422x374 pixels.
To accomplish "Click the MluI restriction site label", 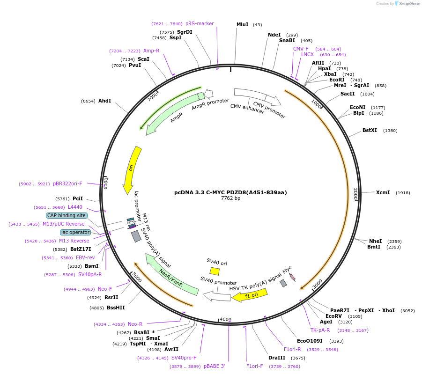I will [x=242, y=24].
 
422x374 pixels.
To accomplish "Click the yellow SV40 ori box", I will [x=215, y=271].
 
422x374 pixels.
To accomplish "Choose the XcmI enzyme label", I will [x=383, y=192].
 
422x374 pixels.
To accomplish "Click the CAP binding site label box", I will [x=67, y=215].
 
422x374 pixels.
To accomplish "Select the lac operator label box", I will [x=75, y=232].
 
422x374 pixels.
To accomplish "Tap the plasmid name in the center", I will [x=230, y=192].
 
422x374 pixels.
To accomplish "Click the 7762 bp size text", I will [x=230, y=198].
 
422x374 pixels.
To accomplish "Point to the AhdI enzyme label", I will [x=104, y=101].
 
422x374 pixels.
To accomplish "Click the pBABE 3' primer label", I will [x=214, y=366].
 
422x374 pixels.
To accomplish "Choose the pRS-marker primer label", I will [x=200, y=23].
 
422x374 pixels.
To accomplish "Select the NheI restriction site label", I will [x=375, y=241].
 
